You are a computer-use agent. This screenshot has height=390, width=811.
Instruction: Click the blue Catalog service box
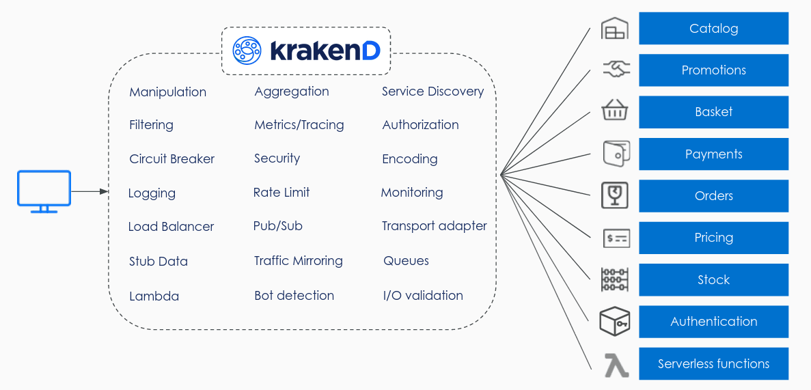pos(713,29)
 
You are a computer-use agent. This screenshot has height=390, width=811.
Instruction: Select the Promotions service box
pos(713,70)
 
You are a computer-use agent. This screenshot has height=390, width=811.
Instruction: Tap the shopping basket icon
pos(615,111)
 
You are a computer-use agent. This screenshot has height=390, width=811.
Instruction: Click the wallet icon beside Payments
pos(615,154)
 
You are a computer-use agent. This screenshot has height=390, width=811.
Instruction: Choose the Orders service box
pos(713,196)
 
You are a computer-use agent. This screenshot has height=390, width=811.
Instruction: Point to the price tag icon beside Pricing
pos(616,238)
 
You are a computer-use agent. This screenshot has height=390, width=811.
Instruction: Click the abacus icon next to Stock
pos(615,280)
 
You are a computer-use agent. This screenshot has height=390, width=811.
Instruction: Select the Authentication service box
pos(713,322)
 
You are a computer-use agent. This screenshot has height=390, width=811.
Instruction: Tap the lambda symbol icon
pos(616,365)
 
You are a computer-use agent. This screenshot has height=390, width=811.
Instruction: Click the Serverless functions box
pos(713,364)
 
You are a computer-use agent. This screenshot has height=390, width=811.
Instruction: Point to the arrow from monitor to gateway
pos(90,192)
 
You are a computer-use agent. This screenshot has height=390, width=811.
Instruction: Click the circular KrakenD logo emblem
pos(247,51)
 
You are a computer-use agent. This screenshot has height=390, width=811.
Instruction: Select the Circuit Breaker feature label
pos(171,159)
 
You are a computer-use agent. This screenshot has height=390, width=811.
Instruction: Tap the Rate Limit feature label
pos(281,193)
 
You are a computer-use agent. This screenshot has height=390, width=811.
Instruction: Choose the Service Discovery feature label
pos(432,92)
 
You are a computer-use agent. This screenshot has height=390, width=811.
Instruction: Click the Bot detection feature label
pos(294,296)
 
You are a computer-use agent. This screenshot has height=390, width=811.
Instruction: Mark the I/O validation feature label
pos(423,296)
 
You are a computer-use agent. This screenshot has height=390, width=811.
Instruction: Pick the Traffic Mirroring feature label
pos(298,261)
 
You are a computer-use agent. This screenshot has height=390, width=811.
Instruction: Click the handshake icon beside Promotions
pos(616,69)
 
